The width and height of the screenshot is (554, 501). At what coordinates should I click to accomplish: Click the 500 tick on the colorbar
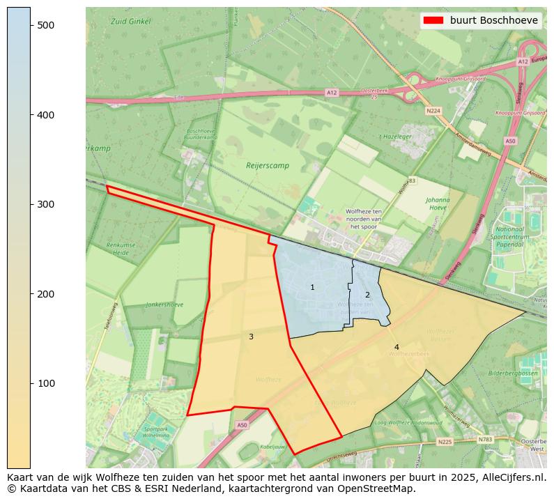(31, 25)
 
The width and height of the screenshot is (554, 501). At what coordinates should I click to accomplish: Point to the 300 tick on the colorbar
(31, 204)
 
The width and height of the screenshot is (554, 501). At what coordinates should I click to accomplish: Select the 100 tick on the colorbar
(31, 383)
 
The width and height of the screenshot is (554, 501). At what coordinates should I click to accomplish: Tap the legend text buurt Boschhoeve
(493, 20)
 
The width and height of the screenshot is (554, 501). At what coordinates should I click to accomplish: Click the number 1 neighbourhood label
(312, 287)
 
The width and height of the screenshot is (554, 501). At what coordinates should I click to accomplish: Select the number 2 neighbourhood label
(367, 295)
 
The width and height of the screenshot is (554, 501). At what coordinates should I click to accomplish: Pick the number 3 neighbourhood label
(251, 337)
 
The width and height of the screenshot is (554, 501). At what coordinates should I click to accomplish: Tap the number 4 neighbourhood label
(397, 347)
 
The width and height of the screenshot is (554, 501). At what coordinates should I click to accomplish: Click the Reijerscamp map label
(267, 166)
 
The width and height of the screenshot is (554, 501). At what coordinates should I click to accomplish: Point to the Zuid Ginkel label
(130, 22)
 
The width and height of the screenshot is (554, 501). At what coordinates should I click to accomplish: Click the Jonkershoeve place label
(165, 305)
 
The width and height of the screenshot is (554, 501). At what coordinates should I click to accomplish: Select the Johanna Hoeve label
(437, 203)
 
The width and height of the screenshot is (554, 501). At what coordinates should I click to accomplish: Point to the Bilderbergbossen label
(513, 373)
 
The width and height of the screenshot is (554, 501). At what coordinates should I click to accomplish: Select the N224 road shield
(433, 110)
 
